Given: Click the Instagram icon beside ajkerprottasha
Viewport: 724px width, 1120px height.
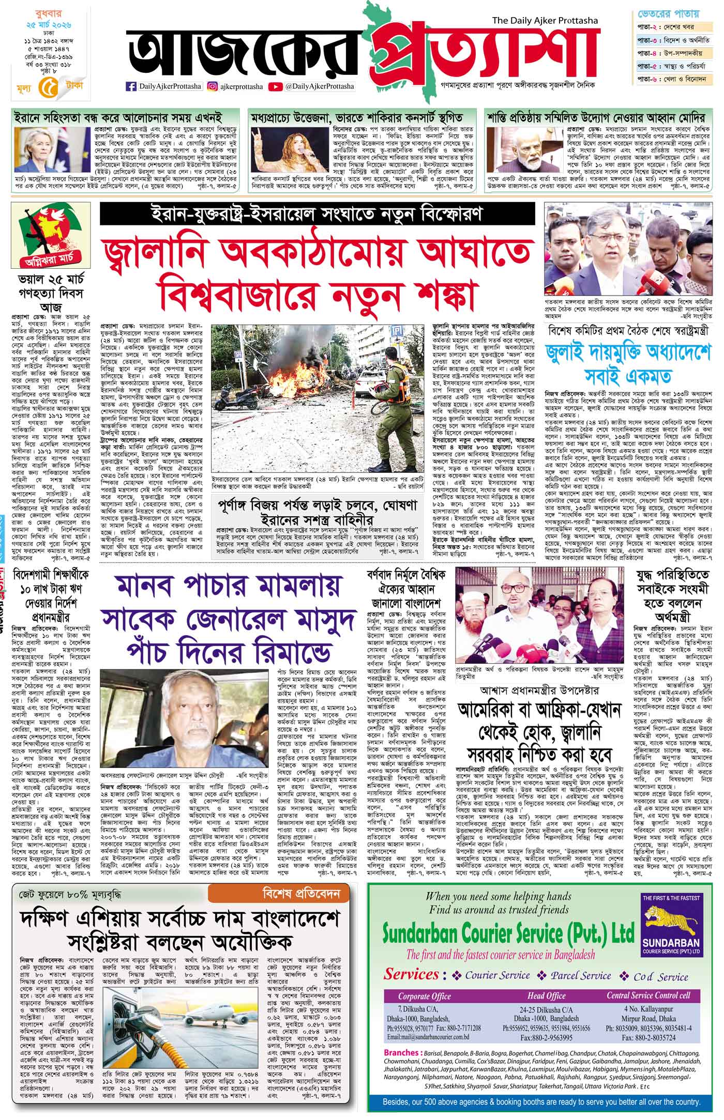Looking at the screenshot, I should tap(212, 87).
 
